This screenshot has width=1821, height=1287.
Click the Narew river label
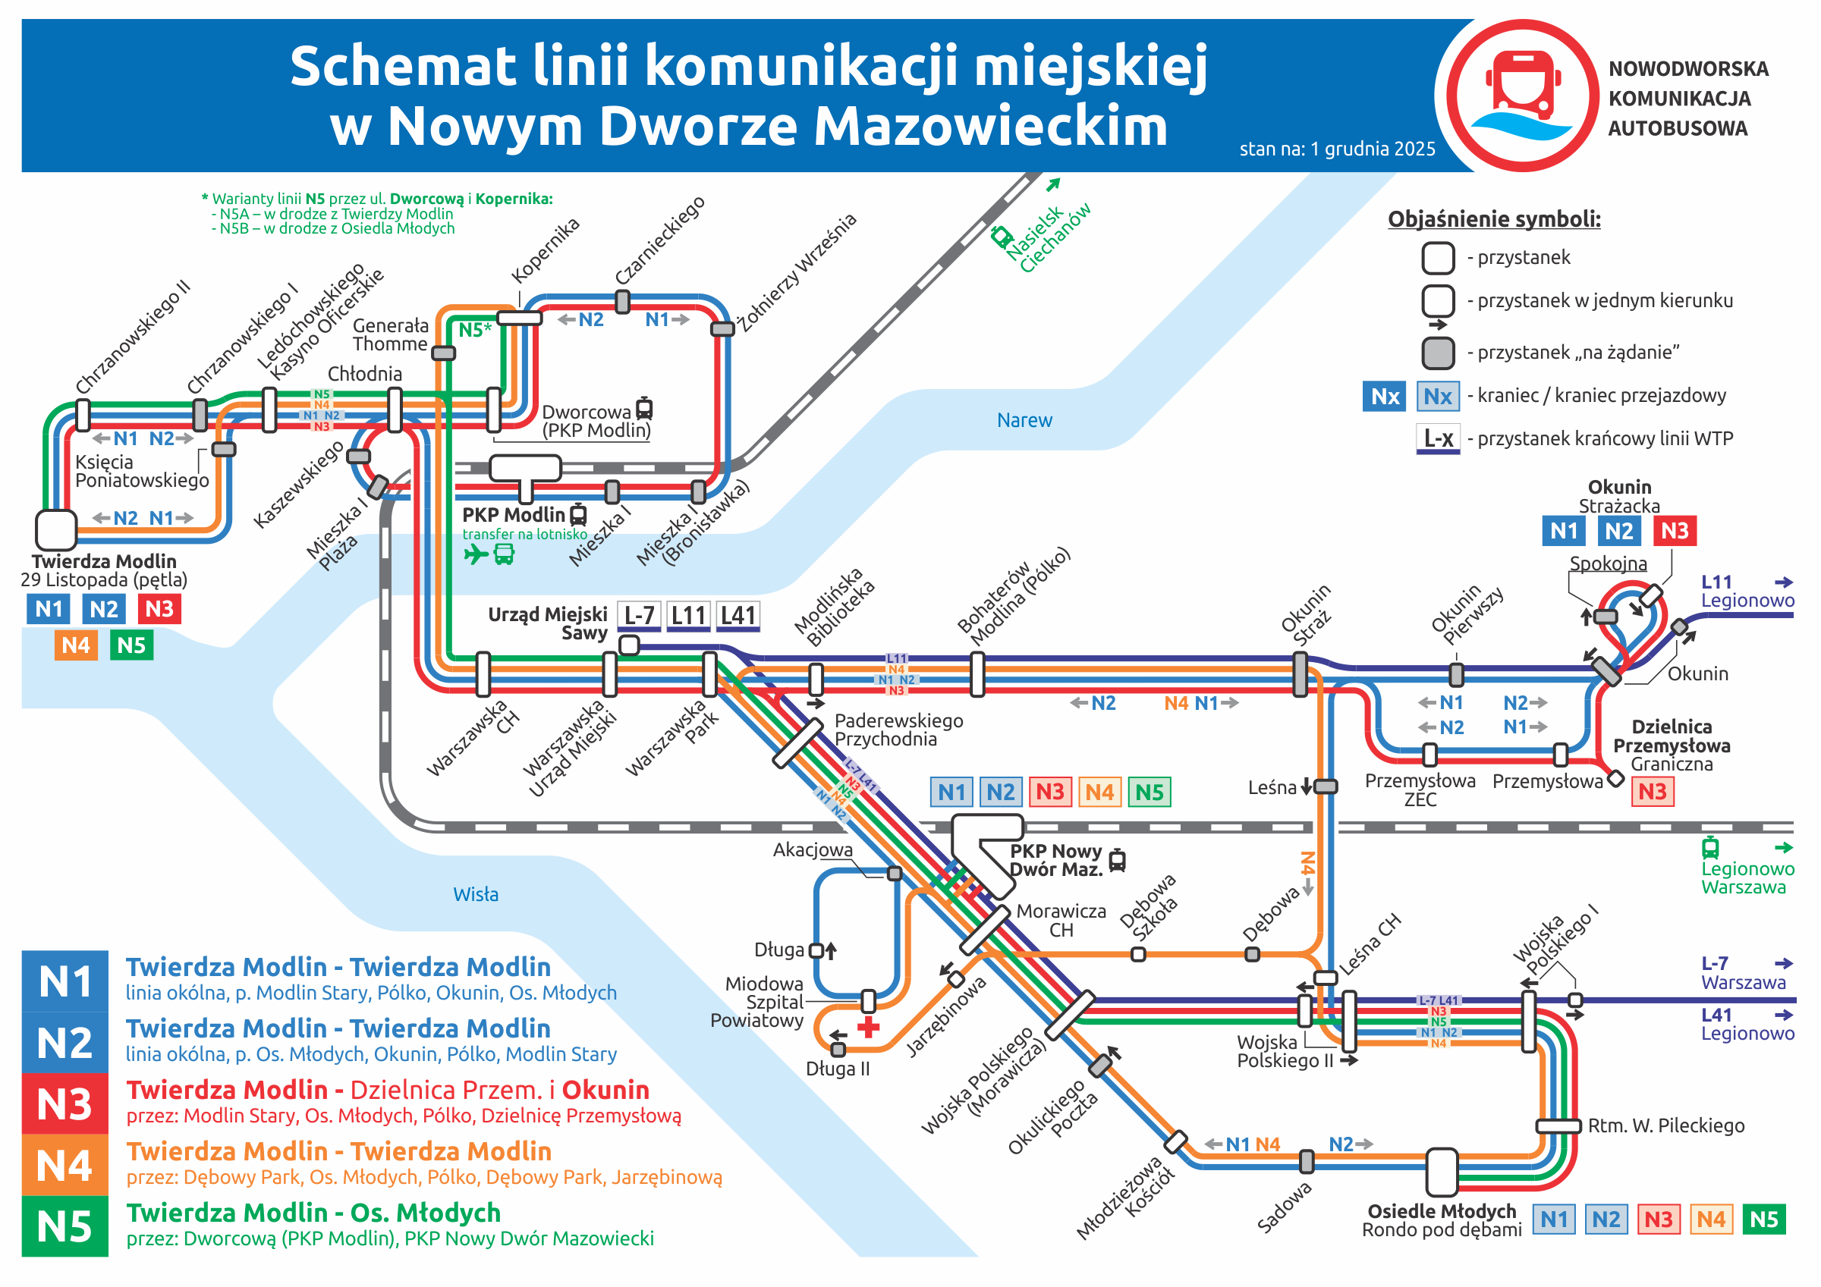point(1024,420)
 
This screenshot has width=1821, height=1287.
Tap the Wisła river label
point(476,894)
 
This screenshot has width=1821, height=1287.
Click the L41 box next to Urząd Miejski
point(738,615)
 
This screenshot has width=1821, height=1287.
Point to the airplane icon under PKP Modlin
point(476,554)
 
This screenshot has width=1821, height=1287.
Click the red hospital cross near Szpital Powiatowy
point(869,1028)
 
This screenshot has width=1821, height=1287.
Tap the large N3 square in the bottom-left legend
point(65,1103)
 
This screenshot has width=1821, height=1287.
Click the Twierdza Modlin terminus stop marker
point(56,529)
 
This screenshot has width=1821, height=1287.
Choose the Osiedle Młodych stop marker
point(1441,1172)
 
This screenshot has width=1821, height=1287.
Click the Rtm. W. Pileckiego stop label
point(1665,1126)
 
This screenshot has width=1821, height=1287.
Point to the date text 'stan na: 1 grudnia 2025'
point(1337,149)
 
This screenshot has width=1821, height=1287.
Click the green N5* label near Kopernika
point(475,330)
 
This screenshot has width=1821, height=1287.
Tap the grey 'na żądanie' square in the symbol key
point(1438,353)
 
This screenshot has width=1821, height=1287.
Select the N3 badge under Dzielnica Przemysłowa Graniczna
point(1652,792)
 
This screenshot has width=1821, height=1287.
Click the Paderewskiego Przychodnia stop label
point(898,730)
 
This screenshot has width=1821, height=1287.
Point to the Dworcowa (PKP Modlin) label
point(596,421)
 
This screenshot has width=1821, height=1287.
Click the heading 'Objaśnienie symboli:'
point(1493,219)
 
